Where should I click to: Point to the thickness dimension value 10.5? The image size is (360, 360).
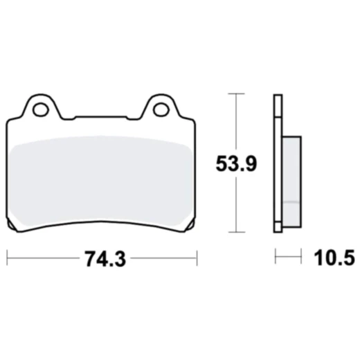tap(334, 259)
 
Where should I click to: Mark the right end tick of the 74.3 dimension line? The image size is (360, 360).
tap(197, 259)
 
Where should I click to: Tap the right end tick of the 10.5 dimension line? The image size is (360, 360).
tap(302, 259)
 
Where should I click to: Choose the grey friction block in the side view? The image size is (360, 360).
tap(293, 173)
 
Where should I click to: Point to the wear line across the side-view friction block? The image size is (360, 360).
tap(293, 201)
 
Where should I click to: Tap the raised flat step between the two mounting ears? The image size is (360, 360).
tap(101, 117)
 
